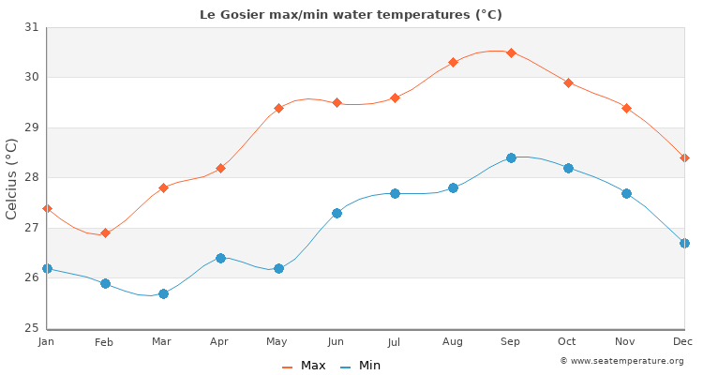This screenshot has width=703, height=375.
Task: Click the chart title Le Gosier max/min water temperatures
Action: [351, 14]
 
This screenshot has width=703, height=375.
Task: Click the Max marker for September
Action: [511, 52]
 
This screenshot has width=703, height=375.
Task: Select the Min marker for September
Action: [511, 157]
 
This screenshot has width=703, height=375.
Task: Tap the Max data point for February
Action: [105, 232]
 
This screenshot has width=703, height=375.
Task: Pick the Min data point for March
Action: [163, 293]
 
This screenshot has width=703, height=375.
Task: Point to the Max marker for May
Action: [278, 108]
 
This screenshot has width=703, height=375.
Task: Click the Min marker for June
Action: [337, 213]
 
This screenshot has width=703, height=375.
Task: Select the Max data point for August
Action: [453, 62]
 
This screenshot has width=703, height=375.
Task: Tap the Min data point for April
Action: [220, 258]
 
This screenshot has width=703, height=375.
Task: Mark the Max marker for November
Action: [626, 108]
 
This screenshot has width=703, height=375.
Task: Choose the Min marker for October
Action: [568, 168]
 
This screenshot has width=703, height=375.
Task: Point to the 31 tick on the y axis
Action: [31, 27]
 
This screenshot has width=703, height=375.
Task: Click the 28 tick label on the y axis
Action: [31, 177]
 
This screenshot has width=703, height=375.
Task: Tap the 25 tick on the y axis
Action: [31, 328]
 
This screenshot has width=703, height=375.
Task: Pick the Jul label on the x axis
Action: [395, 342]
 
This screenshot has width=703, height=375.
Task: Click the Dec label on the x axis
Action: [683, 342]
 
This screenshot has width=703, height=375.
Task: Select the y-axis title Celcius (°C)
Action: [12, 178]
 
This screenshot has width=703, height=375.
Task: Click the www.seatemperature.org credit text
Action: [621, 361]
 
